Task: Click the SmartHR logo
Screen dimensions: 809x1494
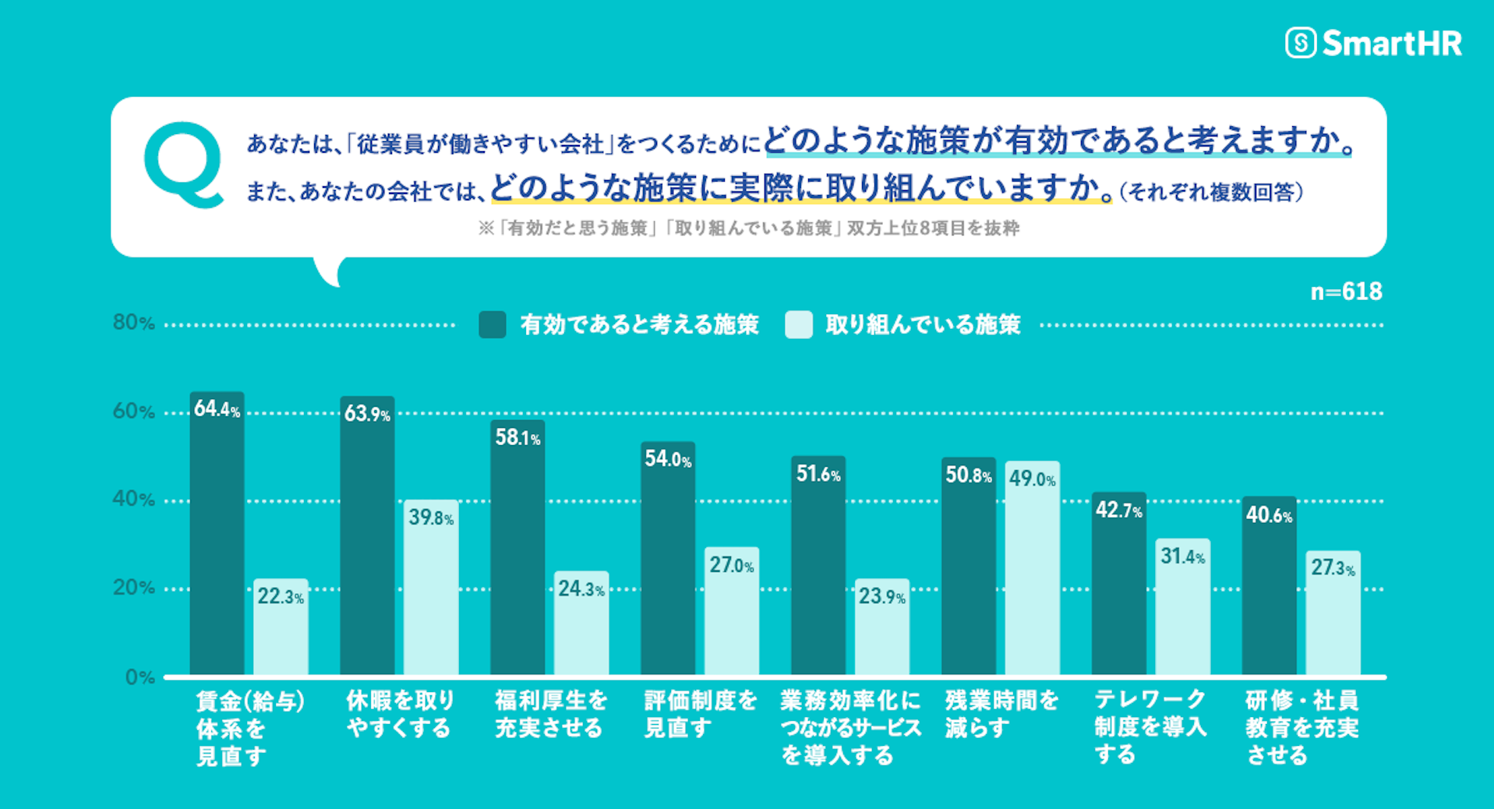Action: point(1373,43)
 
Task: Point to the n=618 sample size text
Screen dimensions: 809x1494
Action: point(1346,291)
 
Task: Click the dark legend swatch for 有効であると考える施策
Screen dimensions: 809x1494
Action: point(493,324)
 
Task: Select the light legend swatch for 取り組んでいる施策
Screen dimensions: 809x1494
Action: point(799,324)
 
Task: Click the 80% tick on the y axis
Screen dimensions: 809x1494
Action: point(133,323)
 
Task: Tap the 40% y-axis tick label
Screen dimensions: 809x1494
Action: point(133,499)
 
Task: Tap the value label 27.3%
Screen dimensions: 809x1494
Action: point(1333,567)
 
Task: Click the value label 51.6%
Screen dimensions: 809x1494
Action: point(818,474)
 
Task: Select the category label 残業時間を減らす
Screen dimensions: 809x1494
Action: point(1001,714)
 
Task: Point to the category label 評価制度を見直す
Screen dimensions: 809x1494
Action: point(700,714)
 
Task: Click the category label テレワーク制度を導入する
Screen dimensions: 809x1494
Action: point(1150,726)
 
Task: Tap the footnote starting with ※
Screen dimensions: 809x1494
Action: point(748,228)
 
